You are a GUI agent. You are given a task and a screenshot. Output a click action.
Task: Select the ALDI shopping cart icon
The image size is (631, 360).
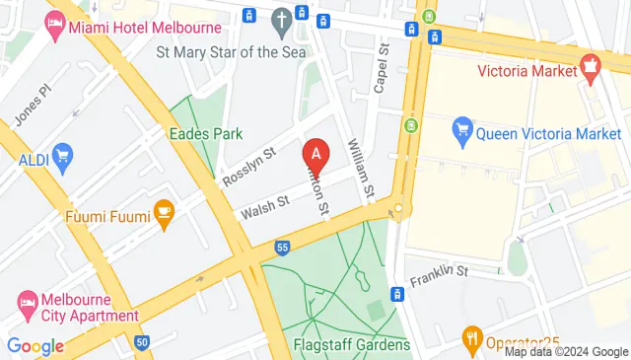[63, 155]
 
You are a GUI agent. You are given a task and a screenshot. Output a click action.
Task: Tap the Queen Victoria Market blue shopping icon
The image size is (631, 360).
[461, 128]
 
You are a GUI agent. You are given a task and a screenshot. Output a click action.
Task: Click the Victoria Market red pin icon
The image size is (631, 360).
[591, 69]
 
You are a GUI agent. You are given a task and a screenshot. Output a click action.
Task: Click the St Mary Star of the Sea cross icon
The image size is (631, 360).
[282, 19]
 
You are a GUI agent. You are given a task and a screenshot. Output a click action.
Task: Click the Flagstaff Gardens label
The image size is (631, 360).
[351, 345]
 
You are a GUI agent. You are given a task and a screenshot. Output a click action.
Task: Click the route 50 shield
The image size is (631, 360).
[143, 342]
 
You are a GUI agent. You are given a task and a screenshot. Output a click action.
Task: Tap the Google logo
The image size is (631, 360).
[35, 345]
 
